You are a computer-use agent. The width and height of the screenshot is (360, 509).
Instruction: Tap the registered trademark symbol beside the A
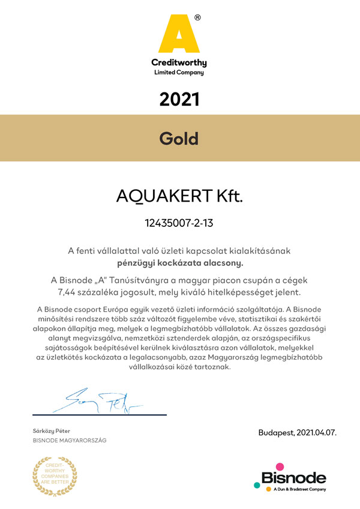click(198, 18)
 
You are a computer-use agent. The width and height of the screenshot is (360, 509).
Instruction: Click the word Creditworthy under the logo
click(179, 62)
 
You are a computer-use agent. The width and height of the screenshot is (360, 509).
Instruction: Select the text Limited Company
click(179, 73)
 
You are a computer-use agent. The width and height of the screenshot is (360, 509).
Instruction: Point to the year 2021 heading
click(179, 99)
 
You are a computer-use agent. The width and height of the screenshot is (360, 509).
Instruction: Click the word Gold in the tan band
click(179, 138)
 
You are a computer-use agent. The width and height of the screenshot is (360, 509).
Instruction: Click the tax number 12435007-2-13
click(179, 223)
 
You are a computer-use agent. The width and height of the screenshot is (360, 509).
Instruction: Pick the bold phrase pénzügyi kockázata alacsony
click(179, 262)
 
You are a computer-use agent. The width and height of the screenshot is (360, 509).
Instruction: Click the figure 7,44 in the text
click(67, 292)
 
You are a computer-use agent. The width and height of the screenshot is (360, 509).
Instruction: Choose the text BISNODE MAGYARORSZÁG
click(69, 441)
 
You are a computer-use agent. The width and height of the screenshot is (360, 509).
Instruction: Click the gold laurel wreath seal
click(55, 474)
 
